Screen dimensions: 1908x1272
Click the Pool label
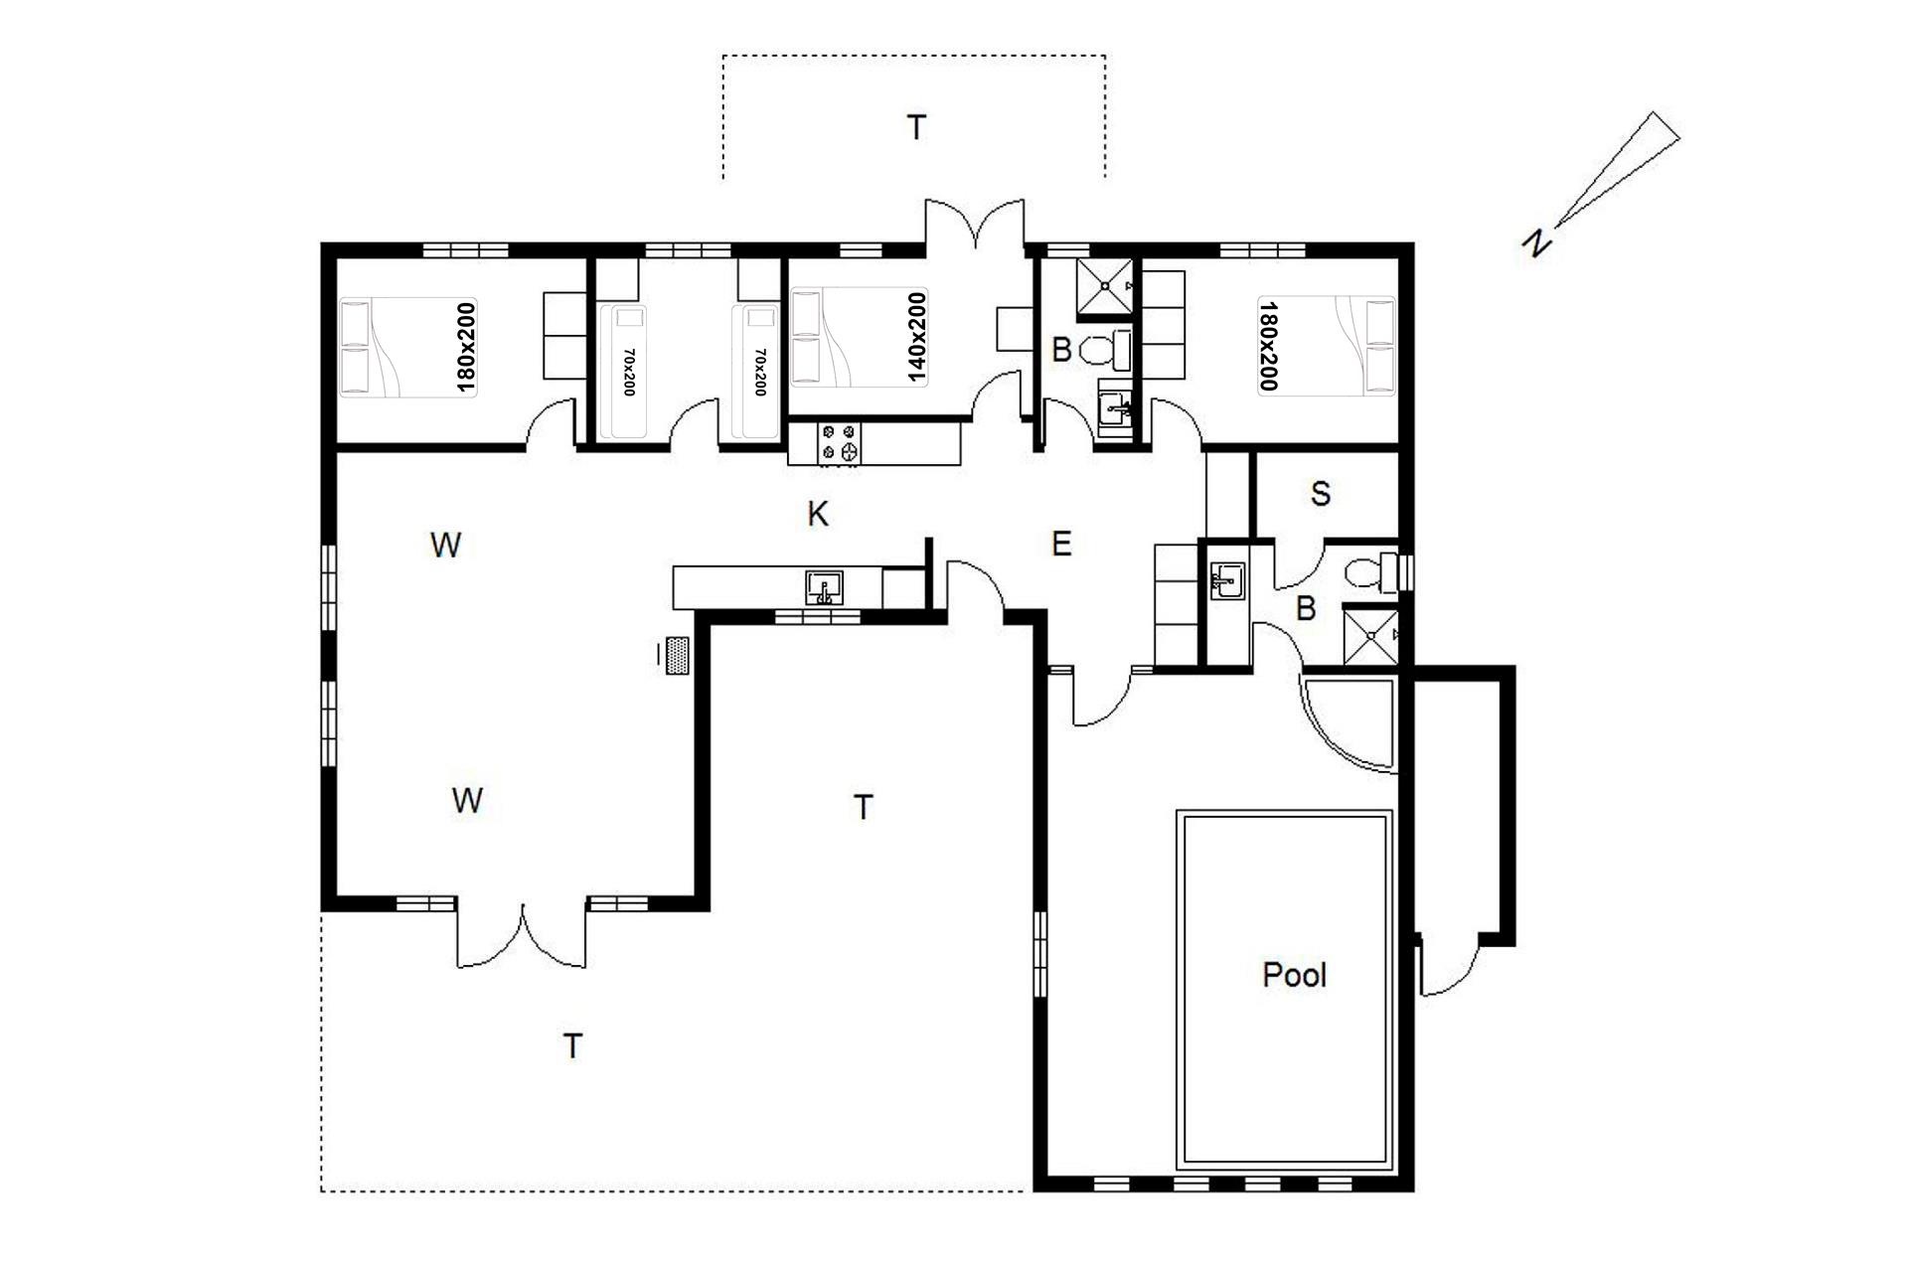click(x=1294, y=975)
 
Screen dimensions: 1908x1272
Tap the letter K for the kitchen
click(x=818, y=514)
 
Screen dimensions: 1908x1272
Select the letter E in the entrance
click(x=1061, y=544)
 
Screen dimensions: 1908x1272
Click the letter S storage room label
click(x=1321, y=494)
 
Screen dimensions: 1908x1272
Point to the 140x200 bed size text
click(x=916, y=338)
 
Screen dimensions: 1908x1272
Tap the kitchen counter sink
click(x=824, y=586)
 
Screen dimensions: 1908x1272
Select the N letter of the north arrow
click(x=1537, y=241)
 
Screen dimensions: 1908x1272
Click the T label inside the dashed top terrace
click(x=916, y=127)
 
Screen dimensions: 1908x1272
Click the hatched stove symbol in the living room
click(x=679, y=656)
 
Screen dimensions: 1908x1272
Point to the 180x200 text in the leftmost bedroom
click(x=466, y=347)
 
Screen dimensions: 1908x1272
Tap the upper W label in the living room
click(x=446, y=545)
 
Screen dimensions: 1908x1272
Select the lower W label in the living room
click(x=467, y=800)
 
